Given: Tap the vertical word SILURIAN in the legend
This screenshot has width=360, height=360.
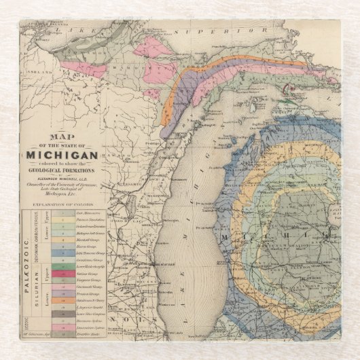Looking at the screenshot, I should click(39, 293).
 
